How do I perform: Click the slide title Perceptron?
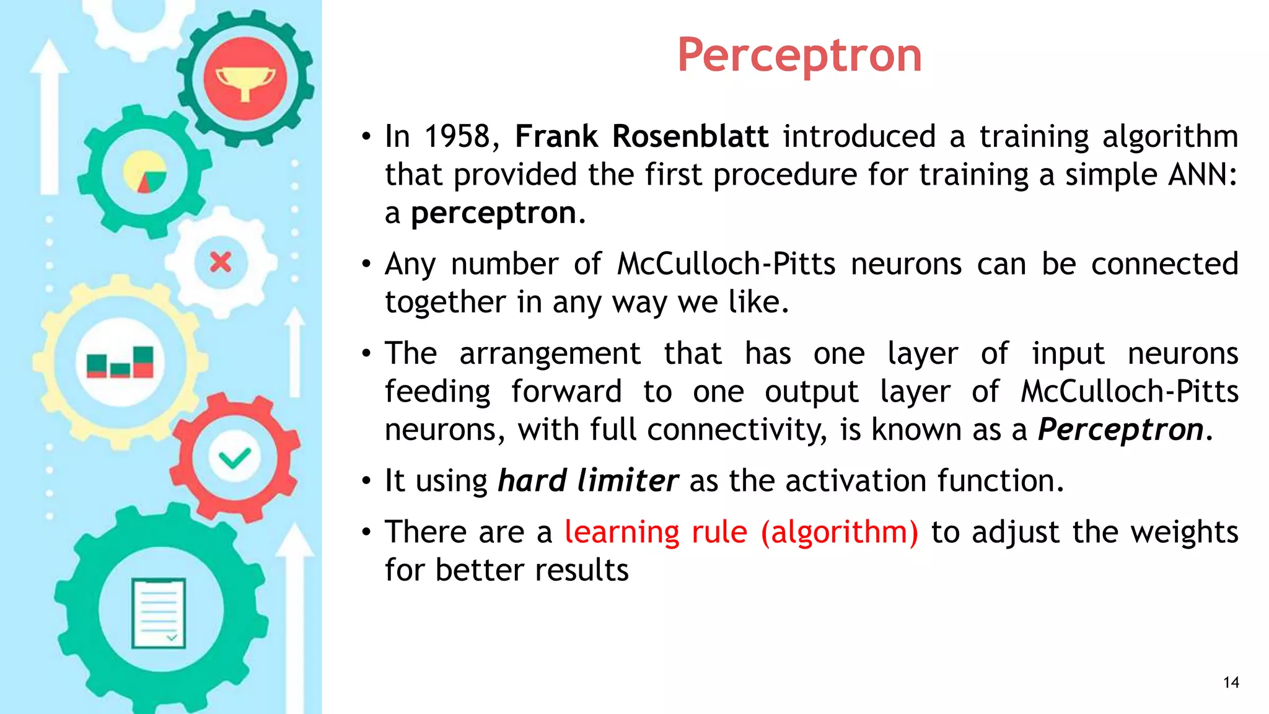click(799, 56)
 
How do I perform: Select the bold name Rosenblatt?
click(690, 136)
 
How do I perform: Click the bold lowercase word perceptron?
click(494, 213)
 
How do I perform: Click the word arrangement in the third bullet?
click(550, 354)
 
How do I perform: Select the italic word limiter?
click(628, 481)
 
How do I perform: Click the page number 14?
click(1231, 682)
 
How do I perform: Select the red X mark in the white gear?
click(221, 262)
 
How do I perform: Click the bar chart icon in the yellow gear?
click(120, 363)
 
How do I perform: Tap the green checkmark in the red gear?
click(234, 459)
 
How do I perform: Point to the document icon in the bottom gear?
click(159, 613)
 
